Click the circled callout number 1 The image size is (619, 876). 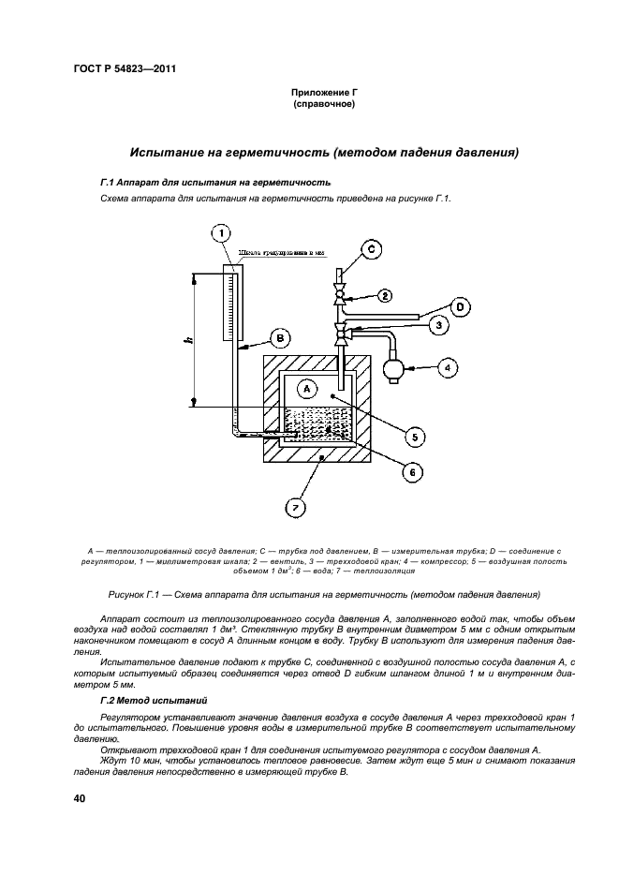221,231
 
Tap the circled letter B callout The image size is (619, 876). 278,338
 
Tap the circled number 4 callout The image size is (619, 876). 447,368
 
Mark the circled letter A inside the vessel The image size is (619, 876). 307,386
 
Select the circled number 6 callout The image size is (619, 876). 409,473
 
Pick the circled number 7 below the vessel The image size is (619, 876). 295,508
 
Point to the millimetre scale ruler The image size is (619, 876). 229,304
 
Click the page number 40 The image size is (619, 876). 71,798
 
